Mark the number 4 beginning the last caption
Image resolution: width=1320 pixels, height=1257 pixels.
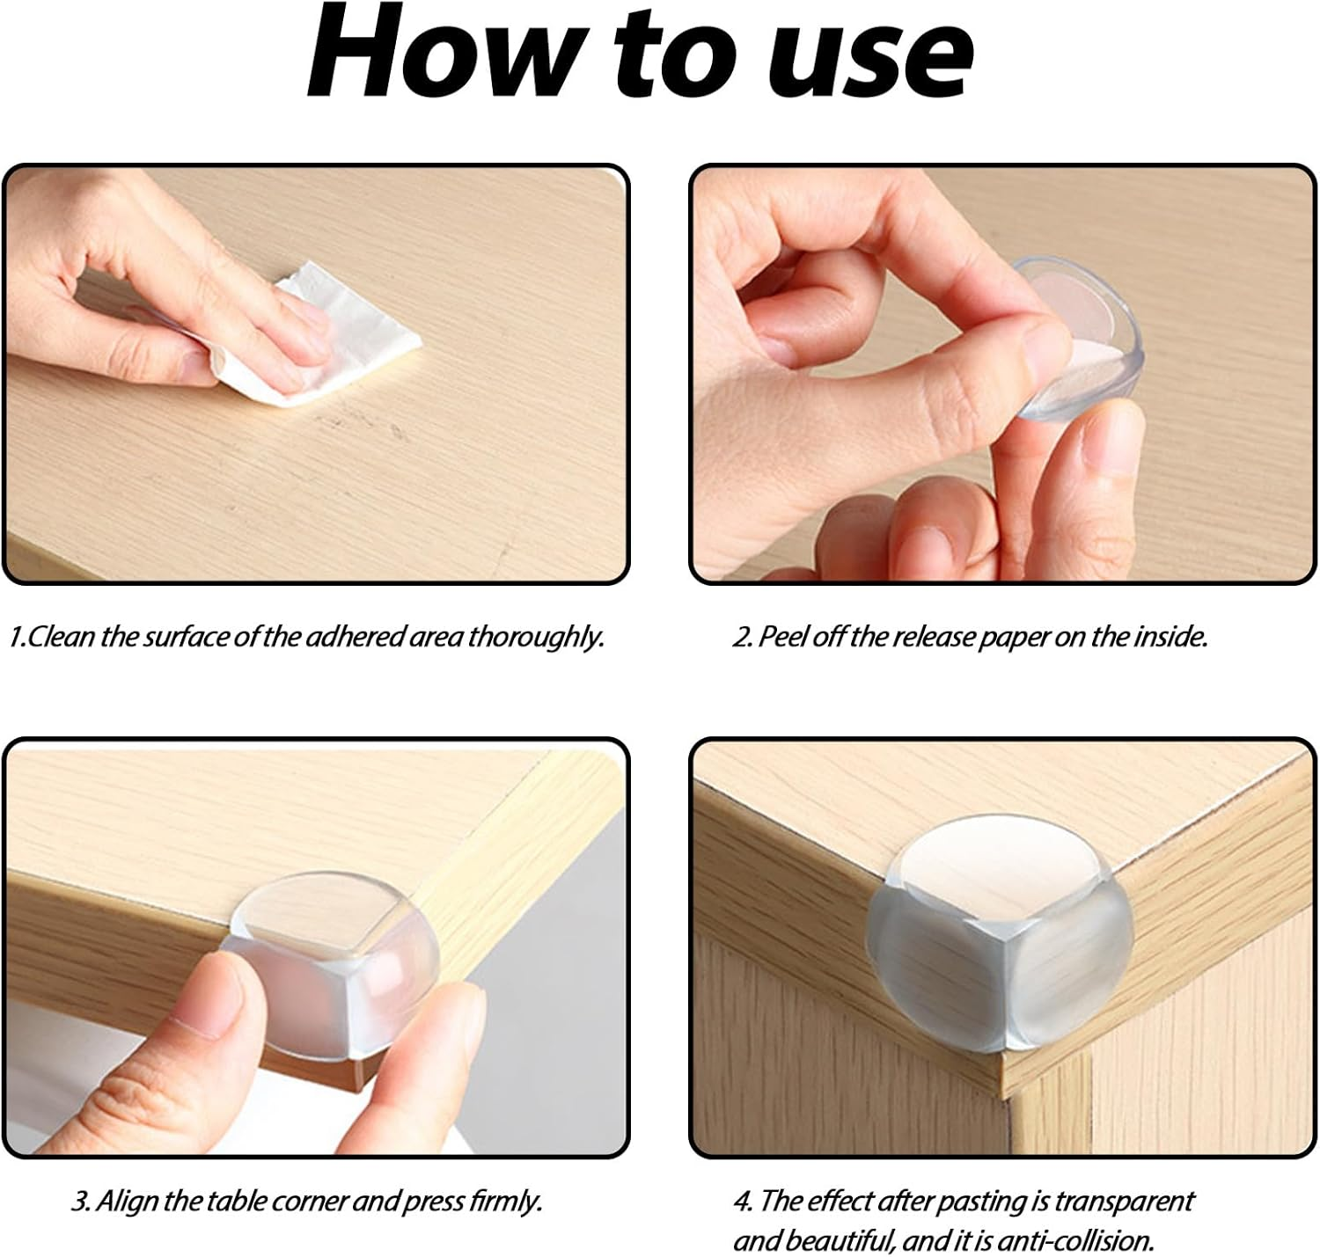pyautogui.click(x=741, y=1201)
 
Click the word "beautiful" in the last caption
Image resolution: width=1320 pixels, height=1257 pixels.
pyautogui.click(x=837, y=1241)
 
